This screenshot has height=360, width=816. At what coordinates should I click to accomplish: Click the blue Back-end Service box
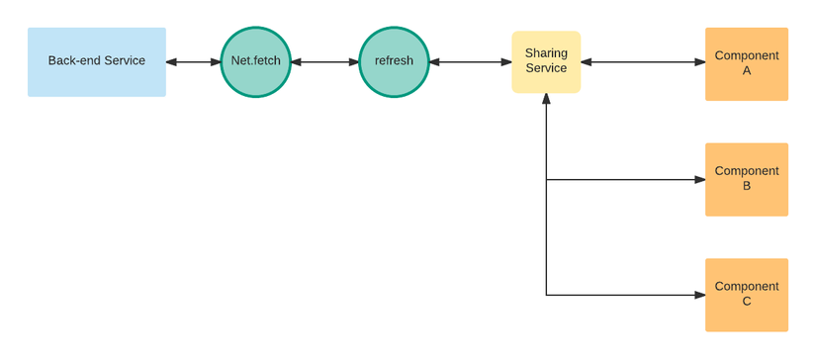(96, 61)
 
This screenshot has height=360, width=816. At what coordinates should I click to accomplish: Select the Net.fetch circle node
(255, 61)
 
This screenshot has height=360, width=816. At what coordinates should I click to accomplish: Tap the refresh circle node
(394, 61)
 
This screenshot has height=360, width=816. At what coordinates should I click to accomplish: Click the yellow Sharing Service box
(546, 61)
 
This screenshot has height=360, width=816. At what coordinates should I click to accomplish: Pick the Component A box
(746, 63)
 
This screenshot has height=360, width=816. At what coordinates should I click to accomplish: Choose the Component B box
(746, 179)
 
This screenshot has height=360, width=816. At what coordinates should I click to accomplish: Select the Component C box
(746, 295)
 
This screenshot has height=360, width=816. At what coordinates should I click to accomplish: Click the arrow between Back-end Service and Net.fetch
(193, 62)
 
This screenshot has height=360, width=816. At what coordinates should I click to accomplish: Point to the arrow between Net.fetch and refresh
(324, 62)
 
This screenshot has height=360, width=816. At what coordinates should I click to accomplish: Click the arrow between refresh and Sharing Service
(470, 62)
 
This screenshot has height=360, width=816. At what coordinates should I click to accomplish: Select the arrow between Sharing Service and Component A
(643, 62)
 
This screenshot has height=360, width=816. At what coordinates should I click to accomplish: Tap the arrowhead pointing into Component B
(699, 180)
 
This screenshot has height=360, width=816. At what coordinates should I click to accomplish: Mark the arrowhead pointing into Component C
(699, 295)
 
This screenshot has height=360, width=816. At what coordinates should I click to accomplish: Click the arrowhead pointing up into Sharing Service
(546, 99)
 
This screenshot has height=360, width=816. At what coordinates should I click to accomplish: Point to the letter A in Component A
(747, 71)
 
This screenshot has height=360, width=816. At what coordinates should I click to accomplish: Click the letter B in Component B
(747, 186)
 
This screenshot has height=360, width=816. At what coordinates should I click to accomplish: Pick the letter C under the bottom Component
(747, 302)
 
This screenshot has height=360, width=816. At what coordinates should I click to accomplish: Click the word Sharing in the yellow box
(546, 52)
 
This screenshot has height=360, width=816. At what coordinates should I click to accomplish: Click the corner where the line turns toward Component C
(546, 295)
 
